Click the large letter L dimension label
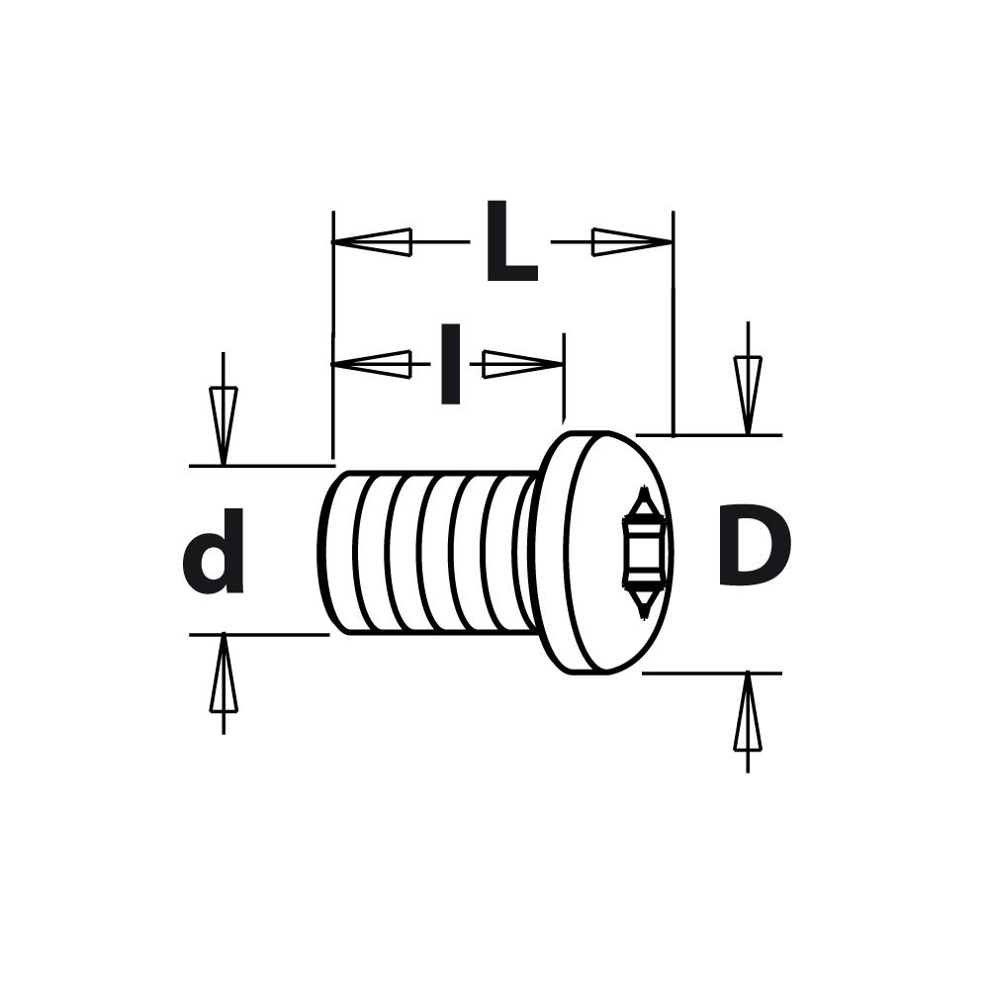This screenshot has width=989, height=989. pos(509,243)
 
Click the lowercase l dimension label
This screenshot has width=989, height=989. pos(450,364)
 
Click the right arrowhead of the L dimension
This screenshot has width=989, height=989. pos(631,242)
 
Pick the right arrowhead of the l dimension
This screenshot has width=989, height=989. pos(522,364)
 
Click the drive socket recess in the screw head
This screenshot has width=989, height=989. pos(643,550)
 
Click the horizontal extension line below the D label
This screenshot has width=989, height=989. pos(712,674)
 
